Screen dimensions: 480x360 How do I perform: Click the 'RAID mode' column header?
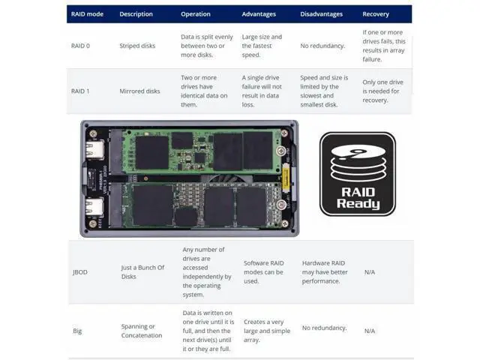[x=87, y=14]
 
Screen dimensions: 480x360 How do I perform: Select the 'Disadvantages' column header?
[x=322, y=14]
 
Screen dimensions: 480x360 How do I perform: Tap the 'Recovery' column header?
[x=376, y=14]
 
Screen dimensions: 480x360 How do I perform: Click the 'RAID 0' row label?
[x=80, y=46]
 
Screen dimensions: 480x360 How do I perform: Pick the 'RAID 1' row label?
[x=80, y=91]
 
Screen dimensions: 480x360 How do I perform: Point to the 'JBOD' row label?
[x=80, y=272]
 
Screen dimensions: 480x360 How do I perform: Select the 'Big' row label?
[x=77, y=331]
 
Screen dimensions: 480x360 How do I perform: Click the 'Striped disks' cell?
[x=137, y=46]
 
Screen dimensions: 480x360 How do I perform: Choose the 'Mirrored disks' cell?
[x=140, y=91]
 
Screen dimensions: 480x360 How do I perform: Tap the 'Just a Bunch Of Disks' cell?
[x=142, y=272]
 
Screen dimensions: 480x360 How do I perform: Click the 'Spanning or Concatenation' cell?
[x=142, y=331]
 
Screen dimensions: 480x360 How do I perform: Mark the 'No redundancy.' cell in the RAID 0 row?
[x=322, y=46]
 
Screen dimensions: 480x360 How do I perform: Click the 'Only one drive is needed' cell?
[x=383, y=91]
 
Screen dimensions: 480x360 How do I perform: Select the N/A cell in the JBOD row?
[x=370, y=272]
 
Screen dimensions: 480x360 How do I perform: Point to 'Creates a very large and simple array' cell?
[x=267, y=331]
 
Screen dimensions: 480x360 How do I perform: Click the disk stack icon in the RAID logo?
[x=358, y=163]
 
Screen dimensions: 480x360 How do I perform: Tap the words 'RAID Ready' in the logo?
[x=358, y=198]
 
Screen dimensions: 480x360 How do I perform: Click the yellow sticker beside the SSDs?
[x=286, y=177]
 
